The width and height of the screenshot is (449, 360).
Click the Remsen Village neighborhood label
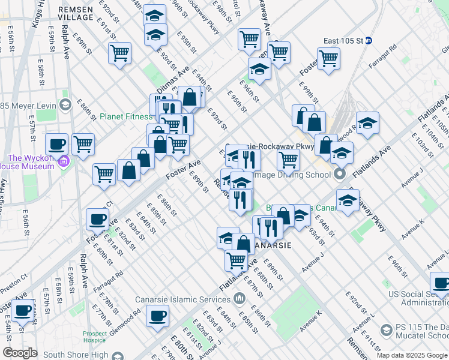pos(76,14)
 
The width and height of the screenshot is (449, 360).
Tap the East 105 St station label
pos(343,41)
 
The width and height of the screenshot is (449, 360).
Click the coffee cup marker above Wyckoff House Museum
pos(58,144)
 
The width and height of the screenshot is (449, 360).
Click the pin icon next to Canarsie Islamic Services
pos(240,298)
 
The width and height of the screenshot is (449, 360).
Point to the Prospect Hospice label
pos(95,337)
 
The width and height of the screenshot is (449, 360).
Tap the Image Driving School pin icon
pos(340,175)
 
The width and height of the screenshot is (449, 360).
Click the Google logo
pos(20,353)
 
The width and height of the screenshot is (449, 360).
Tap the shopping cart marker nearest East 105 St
pos(328,59)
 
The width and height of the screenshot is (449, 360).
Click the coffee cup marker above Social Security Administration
pos(441,283)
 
